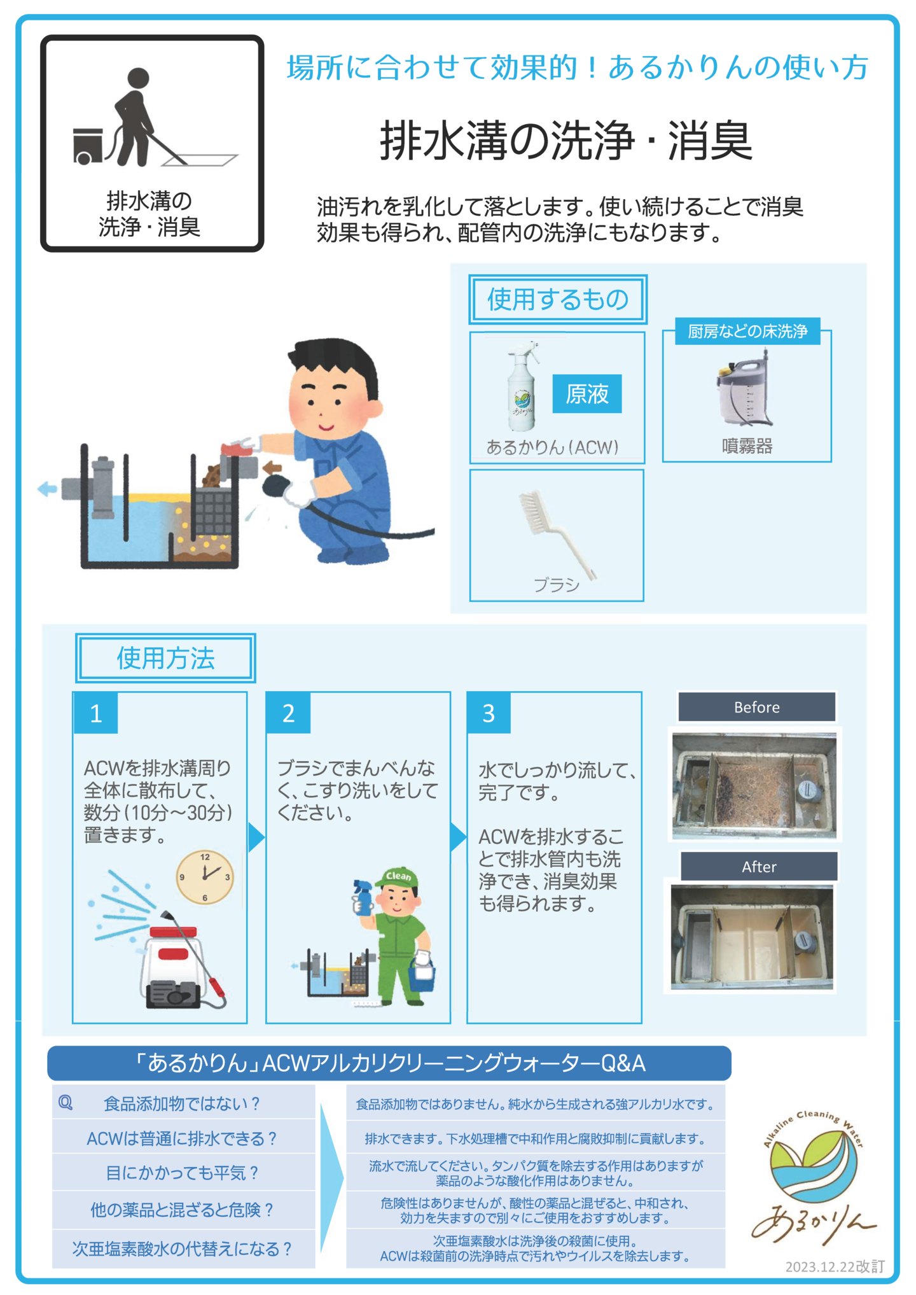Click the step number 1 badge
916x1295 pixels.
pyautogui.click(x=96, y=713)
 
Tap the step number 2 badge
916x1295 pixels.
pyautogui.click(x=289, y=713)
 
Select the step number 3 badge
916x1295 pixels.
pyautogui.click(x=489, y=713)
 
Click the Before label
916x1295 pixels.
pyautogui.click(x=756, y=707)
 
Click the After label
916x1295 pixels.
pyautogui.click(x=759, y=866)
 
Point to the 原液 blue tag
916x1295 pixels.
pyautogui.click(x=587, y=394)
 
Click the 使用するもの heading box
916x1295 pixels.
pyautogui.click(x=558, y=299)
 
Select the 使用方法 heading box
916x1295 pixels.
pyautogui.click(x=165, y=658)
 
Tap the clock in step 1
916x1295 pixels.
pyautogui.click(x=205, y=877)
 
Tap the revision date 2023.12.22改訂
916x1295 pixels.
pyautogui.click(x=835, y=1266)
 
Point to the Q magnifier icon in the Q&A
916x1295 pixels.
pyautogui.click(x=66, y=1103)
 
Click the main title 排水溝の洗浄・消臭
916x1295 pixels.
pyautogui.click(x=566, y=141)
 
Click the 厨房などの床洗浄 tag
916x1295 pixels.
pyautogui.click(x=747, y=331)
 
